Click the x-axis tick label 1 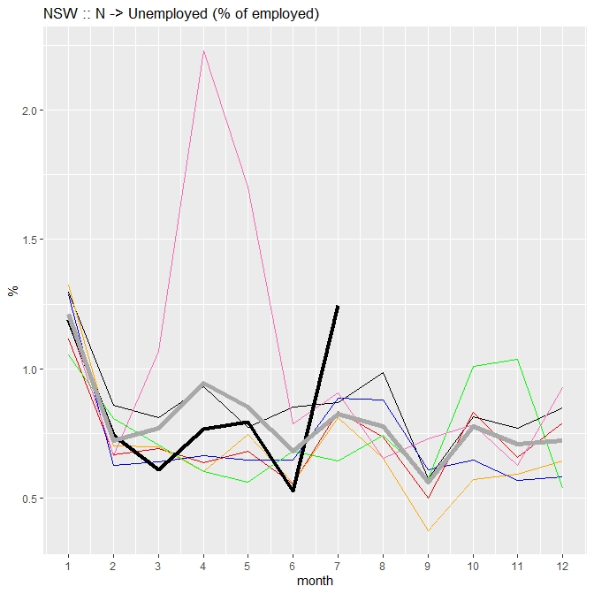(x=68, y=566)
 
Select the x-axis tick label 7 (x=337, y=566)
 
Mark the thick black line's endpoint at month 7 (x=337, y=306)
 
